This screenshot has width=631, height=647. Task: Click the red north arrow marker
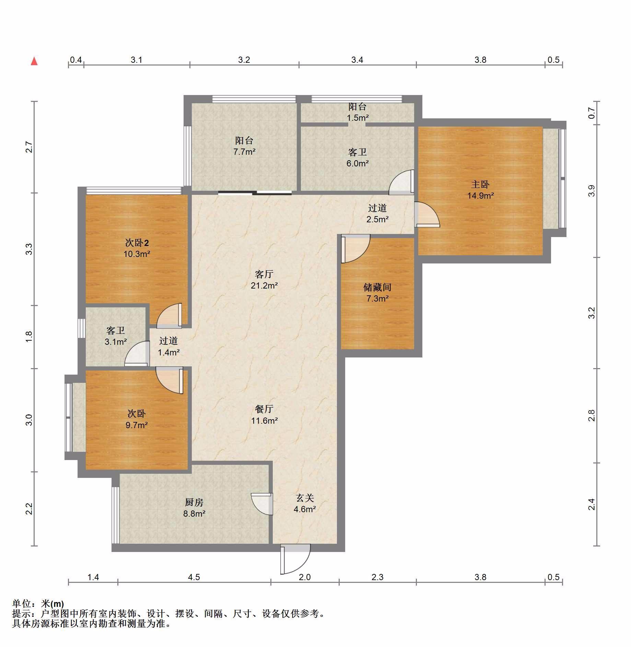point(34,61)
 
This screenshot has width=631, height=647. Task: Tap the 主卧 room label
point(480,185)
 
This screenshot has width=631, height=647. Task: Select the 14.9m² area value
point(480,196)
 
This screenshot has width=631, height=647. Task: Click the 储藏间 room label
point(377,287)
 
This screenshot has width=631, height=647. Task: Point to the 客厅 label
point(264,274)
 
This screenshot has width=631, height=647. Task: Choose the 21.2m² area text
point(264,285)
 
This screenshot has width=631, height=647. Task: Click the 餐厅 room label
point(264,409)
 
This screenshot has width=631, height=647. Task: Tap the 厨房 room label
point(194,502)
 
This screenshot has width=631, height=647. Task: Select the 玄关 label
point(305,498)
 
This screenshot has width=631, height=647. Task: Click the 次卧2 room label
point(137,243)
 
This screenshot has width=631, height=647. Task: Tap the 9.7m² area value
point(137,425)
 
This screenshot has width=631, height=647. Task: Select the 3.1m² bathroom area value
point(116,342)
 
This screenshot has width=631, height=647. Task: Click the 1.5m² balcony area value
point(358,118)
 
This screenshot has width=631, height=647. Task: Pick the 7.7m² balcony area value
point(244,152)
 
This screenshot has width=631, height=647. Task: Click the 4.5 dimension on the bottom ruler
point(194,577)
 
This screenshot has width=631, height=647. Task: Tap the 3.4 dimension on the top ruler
point(357,60)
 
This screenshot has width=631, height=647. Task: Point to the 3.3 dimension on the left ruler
point(29,249)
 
